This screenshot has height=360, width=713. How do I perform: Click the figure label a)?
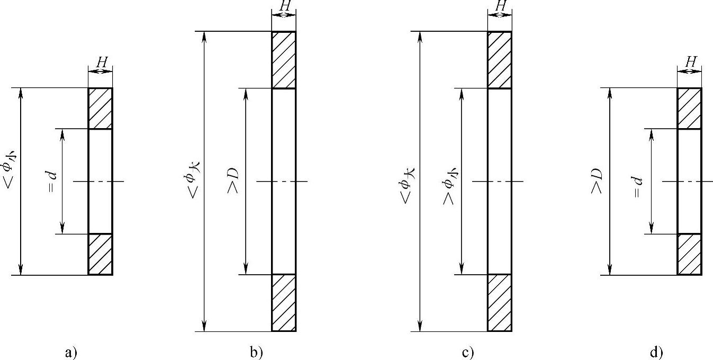(x=71, y=352)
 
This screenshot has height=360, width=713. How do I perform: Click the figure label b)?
(x=257, y=352)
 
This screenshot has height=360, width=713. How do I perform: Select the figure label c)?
(x=468, y=352)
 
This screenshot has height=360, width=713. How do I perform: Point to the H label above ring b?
(x=284, y=6)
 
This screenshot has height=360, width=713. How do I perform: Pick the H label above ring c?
(x=500, y=6)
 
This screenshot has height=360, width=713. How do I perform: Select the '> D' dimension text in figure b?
(x=233, y=181)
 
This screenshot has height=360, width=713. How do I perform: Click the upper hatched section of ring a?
(x=100, y=109)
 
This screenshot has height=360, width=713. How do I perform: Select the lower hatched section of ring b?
(x=284, y=302)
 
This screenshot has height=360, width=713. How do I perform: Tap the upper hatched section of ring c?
(x=499, y=60)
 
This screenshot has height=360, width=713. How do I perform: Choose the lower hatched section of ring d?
(x=689, y=254)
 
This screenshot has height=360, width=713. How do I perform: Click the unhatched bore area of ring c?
(x=499, y=181)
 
